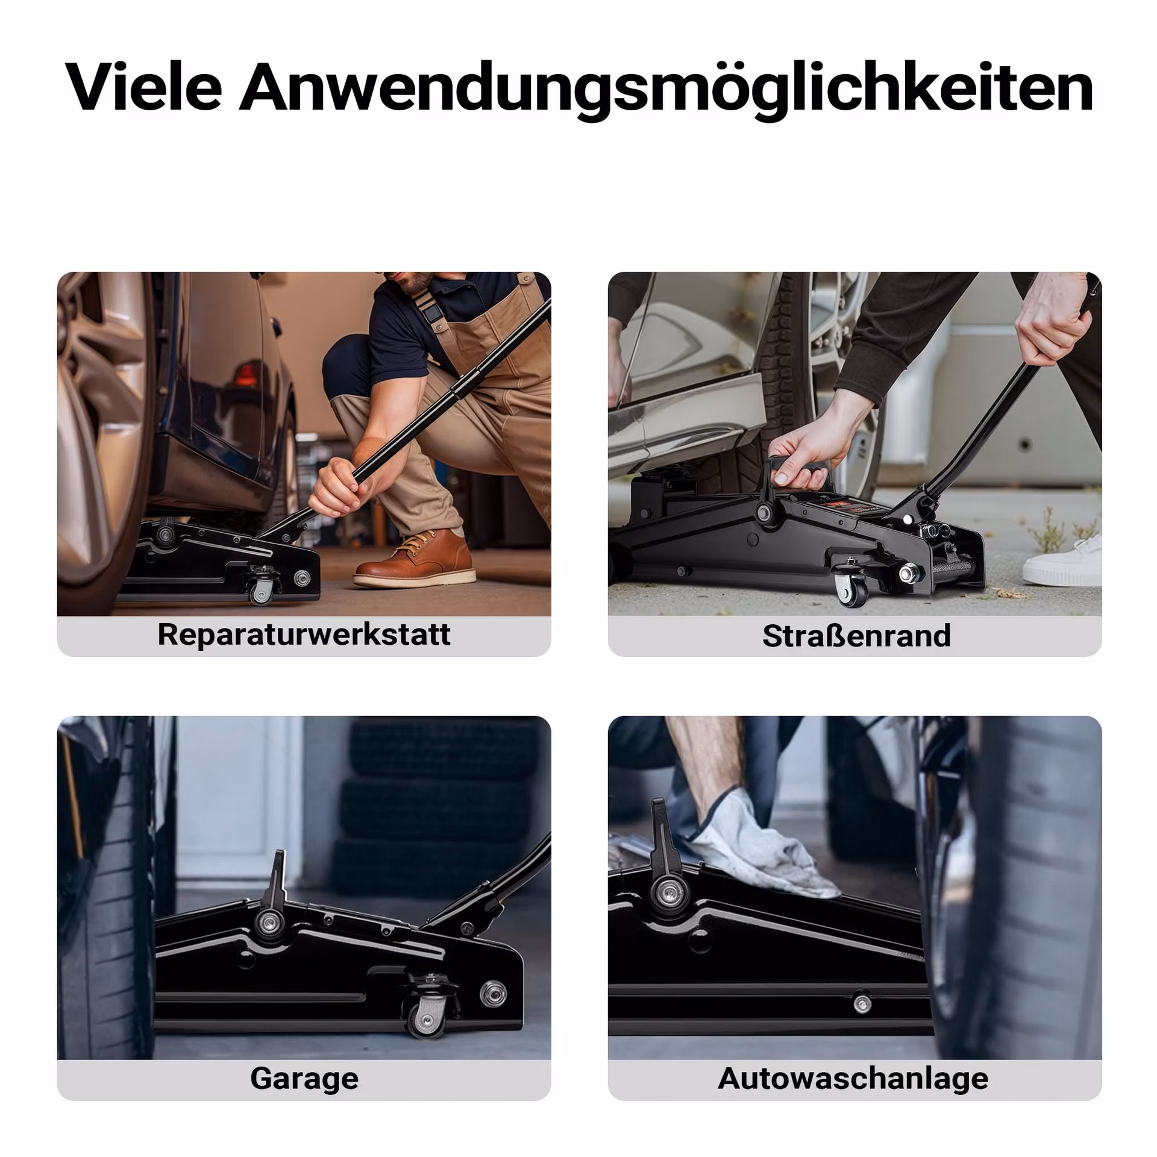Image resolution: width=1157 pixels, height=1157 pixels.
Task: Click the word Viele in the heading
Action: pos(143,87)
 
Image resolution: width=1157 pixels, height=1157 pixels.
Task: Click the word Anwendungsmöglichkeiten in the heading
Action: pos(666,89)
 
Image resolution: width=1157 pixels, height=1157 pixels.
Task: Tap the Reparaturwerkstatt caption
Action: pos(304,635)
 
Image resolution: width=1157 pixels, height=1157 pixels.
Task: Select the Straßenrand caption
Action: pos(856,636)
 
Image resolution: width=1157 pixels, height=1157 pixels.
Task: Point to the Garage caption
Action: pos(304,1078)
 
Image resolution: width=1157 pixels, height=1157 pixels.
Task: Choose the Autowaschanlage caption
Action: pos(853,1078)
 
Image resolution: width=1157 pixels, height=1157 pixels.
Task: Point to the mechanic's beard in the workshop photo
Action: pos(419,283)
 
